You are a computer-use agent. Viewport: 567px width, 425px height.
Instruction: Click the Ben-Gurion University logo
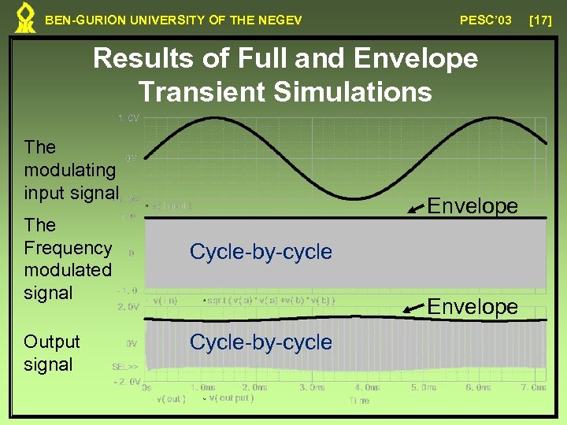[26, 18]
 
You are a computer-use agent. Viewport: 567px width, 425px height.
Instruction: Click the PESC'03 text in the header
[485, 19]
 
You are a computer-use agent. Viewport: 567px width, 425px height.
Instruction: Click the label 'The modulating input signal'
[71, 169]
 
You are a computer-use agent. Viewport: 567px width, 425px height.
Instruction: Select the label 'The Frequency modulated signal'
[68, 259]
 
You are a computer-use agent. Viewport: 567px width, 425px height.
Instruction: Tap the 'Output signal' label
[52, 353]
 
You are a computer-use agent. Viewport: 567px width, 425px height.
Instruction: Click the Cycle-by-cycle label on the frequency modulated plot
[261, 252]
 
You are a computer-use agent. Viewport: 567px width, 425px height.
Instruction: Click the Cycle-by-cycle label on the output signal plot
[261, 342]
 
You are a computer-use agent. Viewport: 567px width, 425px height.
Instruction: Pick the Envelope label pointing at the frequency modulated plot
[472, 206]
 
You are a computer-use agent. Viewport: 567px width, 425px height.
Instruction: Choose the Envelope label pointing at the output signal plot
[472, 306]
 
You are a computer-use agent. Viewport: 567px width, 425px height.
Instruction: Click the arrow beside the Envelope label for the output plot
[413, 312]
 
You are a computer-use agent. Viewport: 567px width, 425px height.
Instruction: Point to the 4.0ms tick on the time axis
[366, 387]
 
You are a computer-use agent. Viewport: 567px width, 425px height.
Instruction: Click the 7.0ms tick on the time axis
[533, 387]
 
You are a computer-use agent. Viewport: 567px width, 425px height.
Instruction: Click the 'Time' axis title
[358, 401]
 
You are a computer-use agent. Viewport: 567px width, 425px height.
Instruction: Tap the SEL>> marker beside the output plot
[126, 368]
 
